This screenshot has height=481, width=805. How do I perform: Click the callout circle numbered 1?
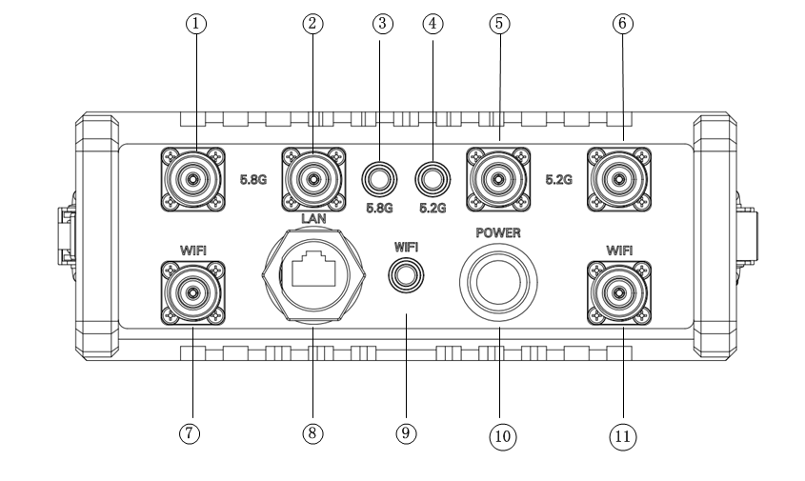[196, 24]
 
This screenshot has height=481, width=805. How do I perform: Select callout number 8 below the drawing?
[312, 432]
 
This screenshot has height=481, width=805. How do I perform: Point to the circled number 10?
[501, 436]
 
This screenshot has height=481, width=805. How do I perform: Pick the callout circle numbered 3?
[384, 24]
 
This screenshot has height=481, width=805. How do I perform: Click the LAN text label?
[312, 220]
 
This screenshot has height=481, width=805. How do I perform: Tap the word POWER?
[499, 231]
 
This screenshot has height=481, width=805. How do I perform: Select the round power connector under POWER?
[498, 281]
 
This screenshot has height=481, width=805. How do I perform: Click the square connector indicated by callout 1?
[193, 180]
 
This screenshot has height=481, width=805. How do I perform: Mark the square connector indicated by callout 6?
[619, 180]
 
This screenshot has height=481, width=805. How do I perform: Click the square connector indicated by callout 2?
[313, 180]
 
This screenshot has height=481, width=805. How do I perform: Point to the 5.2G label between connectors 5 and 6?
[558, 178]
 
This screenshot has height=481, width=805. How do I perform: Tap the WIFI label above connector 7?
[193, 250]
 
